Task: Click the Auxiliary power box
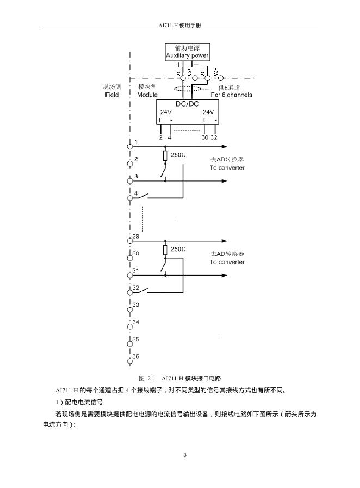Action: (x=187, y=52)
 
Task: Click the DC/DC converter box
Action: (x=187, y=112)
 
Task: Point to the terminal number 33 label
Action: (x=136, y=305)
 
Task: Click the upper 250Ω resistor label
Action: (x=178, y=155)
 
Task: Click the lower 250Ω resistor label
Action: (x=178, y=249)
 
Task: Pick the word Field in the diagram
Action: (x=111, y=95)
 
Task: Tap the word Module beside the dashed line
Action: (x=147, y=95)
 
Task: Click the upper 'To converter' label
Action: (x=227, y=167)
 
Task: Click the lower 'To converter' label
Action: (x=227, y=262)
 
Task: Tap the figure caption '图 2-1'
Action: (x=147, y=378)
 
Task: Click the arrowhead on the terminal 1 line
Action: (x=224, y=147)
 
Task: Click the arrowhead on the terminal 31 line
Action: (x=224, y=276)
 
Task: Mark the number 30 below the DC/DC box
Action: (x=204, y=137)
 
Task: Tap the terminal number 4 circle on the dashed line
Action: (x=130, y=198)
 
